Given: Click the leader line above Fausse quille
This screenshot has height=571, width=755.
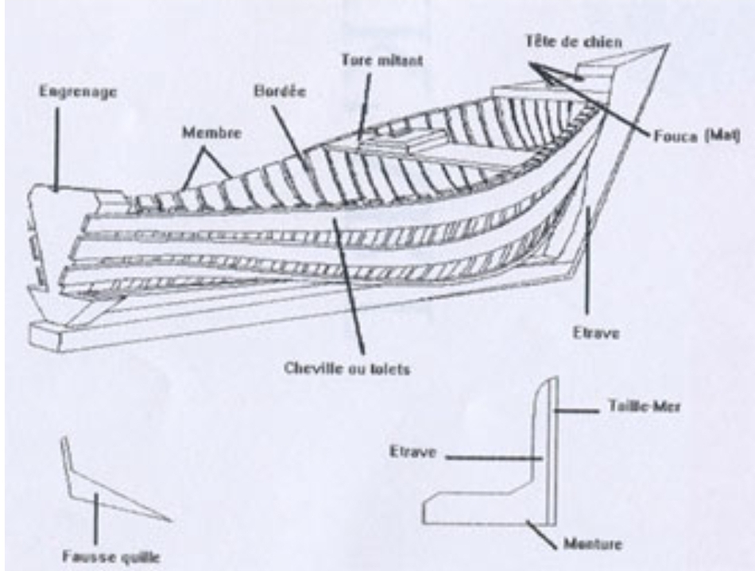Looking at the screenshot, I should click(x=96, y=520).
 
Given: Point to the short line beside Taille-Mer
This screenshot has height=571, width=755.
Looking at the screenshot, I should click(x=576, y=411).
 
